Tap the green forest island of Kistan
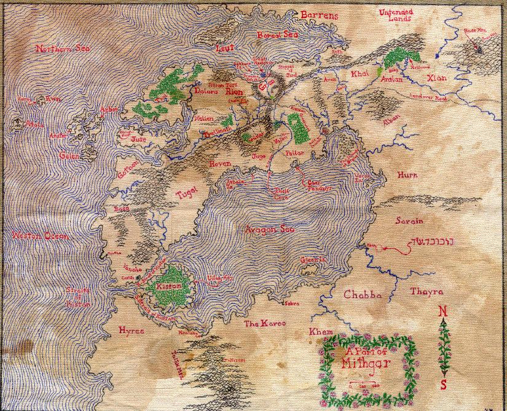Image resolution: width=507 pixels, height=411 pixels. coord(169,287)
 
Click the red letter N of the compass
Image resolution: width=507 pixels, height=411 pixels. coord(442,312)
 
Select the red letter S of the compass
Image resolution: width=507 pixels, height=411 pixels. coord(442,385)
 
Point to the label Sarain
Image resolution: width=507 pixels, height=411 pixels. coord(412,220)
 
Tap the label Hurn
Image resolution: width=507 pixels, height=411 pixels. coord(408,175)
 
